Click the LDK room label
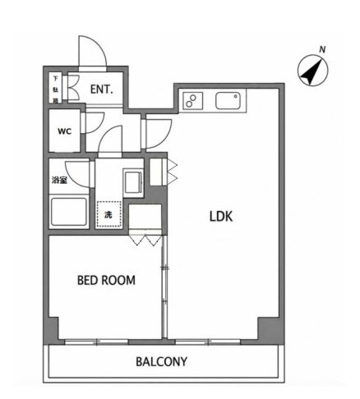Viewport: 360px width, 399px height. (221, 216)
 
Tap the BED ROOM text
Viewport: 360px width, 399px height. (106, 280)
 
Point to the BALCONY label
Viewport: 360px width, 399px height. (162, 361)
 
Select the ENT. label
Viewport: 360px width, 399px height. (102, 89)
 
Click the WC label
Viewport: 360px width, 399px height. (65, 131)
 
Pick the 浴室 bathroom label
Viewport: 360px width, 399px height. (59, 180)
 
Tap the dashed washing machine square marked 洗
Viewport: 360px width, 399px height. (108, 214)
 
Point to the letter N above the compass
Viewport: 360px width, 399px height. (322, 49)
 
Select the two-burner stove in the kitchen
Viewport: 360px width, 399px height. (193, 101)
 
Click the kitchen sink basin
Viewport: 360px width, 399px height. (228, 101)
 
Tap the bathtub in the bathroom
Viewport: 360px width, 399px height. (69, 212)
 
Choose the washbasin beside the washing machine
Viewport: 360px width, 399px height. (133, 182)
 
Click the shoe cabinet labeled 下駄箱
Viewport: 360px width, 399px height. (56, 88)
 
